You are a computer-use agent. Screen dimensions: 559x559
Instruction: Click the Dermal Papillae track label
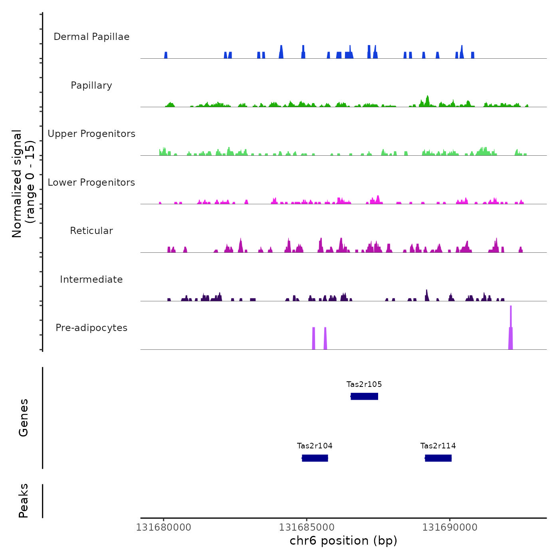coord(91,37)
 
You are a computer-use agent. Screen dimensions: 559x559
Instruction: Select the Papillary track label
coord(91,85)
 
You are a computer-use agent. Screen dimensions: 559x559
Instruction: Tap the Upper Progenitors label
coord(91,134)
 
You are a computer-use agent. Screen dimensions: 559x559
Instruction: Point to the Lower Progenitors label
coord(91,182)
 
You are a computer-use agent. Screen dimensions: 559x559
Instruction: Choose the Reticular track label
coord(91,231)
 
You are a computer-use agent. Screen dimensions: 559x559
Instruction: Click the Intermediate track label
coord(91,279)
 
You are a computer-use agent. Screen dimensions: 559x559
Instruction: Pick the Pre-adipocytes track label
coord(91,328)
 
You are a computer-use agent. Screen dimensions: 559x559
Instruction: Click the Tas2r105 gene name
coord(364,385)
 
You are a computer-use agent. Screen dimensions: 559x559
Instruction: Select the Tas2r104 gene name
coord(315,446)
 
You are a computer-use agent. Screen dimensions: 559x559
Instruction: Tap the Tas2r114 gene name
coord(438,446)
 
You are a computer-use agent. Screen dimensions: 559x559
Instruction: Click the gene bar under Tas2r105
coord(364,396)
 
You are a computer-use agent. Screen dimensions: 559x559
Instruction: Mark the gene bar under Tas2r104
coord(315,458)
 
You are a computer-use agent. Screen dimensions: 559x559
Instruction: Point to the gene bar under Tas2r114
coord(438,458)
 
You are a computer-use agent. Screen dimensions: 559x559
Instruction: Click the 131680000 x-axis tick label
coord(164,527)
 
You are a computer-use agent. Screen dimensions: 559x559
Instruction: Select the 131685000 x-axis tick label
coord(307,527)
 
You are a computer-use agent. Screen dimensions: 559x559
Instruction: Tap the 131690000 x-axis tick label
coord(450,527)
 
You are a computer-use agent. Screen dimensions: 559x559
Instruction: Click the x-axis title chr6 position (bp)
coord(343,541)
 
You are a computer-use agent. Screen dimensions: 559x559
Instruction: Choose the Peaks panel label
coord(24,501)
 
